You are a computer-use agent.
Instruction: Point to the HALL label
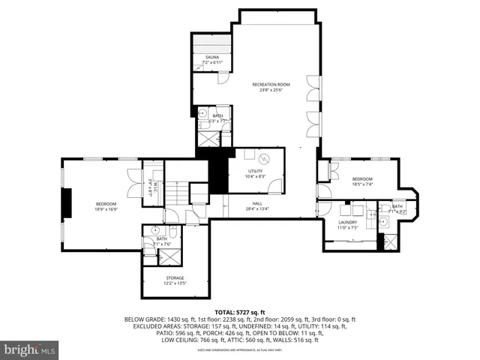click(x=256, y=203)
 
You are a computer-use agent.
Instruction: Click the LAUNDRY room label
click(x=346, y=222)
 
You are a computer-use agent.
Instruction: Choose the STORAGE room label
click(x=175, y=278)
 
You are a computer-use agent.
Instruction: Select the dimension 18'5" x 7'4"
click(x=361, y=184)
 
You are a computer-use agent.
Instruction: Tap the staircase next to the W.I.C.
click(x=175, y=195)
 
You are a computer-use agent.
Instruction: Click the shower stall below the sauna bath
click(x=208, y=139)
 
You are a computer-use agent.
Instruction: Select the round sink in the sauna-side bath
click(x=202, y=113)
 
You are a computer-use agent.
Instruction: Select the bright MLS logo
click(x=30, y=349)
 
